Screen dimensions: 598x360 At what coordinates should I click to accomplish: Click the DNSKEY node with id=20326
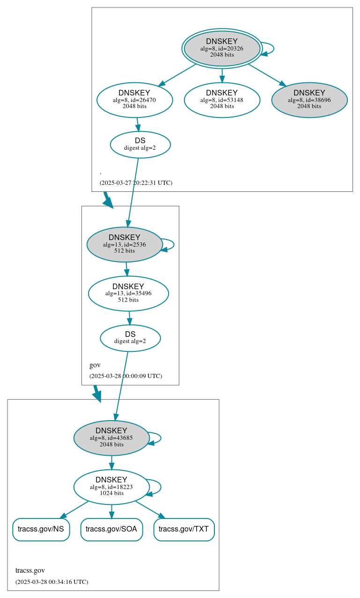tap(222, 48)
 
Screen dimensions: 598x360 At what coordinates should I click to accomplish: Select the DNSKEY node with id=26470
tap(135, 100)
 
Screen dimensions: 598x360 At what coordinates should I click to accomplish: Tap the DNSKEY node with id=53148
tap(222, 100)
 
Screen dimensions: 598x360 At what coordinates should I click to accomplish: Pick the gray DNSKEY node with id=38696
tap(309, 100)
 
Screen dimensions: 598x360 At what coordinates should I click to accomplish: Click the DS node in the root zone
tap(140, 145)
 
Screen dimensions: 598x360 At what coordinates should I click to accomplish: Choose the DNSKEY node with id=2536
tap(125, 244)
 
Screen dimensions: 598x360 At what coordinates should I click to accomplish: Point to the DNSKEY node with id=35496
tap(128, 293)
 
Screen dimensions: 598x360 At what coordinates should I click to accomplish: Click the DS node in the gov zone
tap(130, 338)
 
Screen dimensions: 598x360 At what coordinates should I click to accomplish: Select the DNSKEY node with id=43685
tap(111, 438)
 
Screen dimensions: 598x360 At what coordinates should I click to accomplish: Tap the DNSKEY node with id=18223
tap(111, 487)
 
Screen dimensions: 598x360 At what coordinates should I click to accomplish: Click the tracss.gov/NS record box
tap(41, 529)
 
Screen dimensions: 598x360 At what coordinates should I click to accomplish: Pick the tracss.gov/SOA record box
tap(111, 529)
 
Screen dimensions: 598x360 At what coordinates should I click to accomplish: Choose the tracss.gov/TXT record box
tap(184, 529)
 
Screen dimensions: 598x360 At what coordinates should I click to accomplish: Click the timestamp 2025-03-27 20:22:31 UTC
tap(136, 183)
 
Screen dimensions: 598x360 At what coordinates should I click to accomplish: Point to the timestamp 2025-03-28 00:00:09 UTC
tap(125, 376)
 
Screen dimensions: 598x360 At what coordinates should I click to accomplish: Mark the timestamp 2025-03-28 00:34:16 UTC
tap(51, 582)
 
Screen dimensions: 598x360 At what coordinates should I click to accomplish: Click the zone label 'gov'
tap(95, 365)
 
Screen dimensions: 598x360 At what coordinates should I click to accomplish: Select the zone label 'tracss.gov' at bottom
tap(30, 570)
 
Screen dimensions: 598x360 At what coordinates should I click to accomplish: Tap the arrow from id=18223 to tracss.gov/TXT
tap(150, 510)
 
